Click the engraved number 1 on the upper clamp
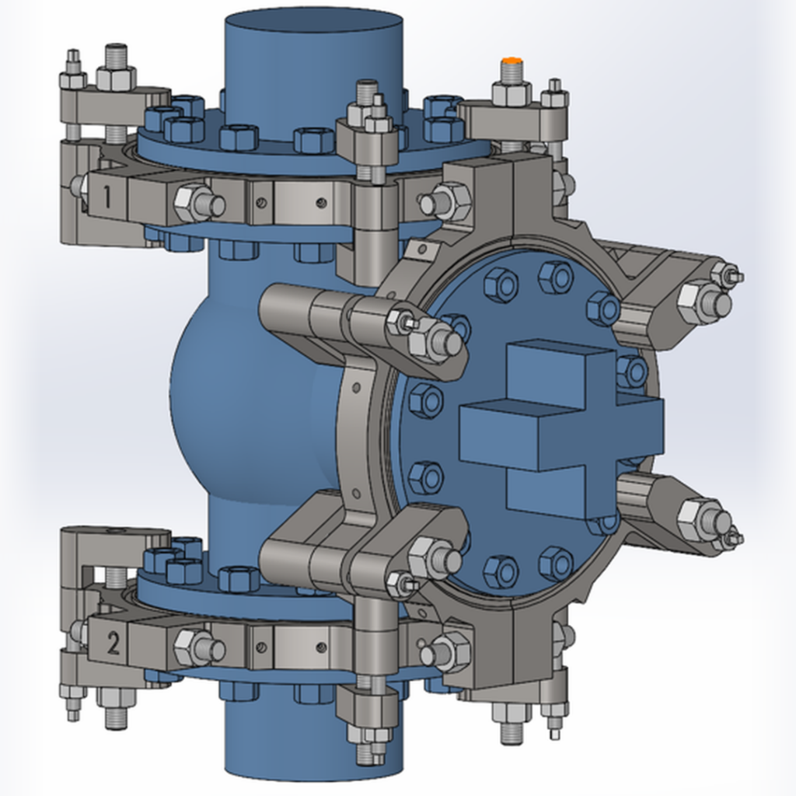(106, 197)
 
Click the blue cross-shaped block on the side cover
(561, 425)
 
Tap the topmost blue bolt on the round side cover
(557, 278)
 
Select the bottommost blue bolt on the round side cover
(557, 564)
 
